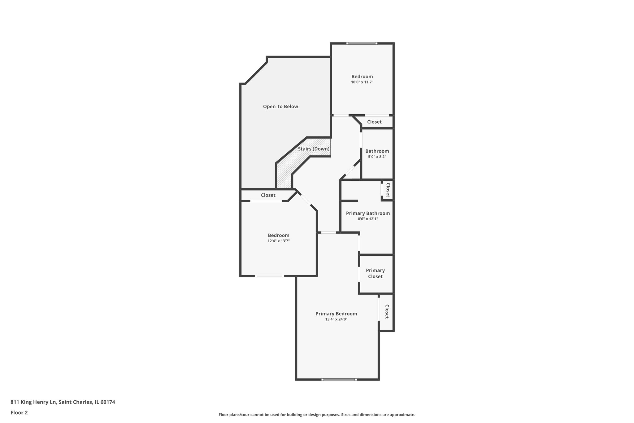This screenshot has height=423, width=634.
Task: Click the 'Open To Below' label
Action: pyautogui.click(x=280, y=107)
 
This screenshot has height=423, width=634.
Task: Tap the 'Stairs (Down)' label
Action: pyautogui.click(x=314, y=149)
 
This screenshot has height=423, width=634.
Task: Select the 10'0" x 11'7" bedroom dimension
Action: pyautogui.click(x=362, y=82)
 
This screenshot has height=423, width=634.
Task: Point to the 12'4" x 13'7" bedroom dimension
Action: pyautogui.click(x=279, y=241)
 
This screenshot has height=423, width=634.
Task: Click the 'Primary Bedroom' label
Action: pyautogui.click(x=336, y=314)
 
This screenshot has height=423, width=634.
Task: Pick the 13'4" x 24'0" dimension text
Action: pyautogui.click(x=336, y=319)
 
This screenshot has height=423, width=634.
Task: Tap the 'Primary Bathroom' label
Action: pyautogui.click(x=368, y=213)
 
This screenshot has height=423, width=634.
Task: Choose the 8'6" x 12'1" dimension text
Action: pyautogui.click(x=368, y=219)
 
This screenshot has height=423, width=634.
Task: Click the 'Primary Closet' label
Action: pyautogui.click(x=375, y=273)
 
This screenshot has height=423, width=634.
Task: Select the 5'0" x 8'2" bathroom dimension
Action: pyautogui.click(x=377, y=157)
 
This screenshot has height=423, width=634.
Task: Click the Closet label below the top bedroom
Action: pyautogui.click(x=374, y=122)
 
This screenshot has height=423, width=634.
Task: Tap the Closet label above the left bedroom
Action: pyautogui.click(x=268, y=195)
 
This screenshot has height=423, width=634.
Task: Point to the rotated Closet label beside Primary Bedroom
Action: pyautogui.click(x=387, y=312)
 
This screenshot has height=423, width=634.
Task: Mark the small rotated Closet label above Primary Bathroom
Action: pyautogui.click(x=388, y=190)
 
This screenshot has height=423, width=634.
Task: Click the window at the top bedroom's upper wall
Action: pyautogui.click(x=362, y=43)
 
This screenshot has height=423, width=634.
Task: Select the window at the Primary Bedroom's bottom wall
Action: pyautogui.click(x=339, y=380)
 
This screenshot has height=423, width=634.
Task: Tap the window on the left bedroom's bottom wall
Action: pyautogui.click(x=269, y=276)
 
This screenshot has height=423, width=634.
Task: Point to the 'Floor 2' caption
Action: pyautogui.click(x=19, y=413)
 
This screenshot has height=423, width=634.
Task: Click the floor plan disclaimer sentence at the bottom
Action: pyautogui.click(x=317, y=415)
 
